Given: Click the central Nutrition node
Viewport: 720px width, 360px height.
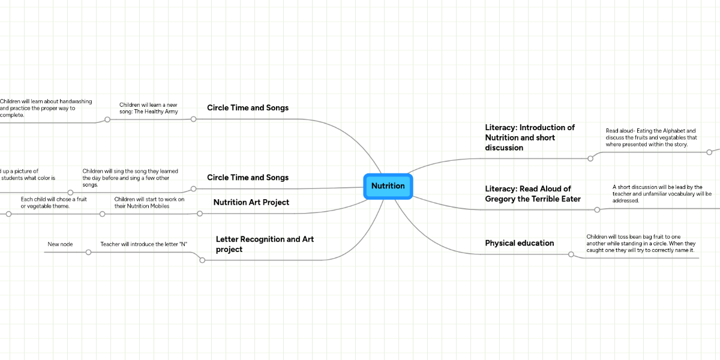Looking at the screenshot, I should coord(388,186).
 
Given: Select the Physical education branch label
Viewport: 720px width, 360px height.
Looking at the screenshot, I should coord(519,243).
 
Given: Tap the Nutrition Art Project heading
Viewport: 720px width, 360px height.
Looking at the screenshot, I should coord(251,202).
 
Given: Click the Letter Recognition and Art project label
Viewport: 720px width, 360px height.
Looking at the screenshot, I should coord(265,244).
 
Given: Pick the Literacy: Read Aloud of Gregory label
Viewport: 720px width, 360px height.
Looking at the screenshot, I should coord(532,194).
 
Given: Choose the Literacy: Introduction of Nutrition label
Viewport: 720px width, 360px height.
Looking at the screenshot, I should coord(530,137).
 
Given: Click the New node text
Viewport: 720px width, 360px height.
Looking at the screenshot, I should coord(60,244).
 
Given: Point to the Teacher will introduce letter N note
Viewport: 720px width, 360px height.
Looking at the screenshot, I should coord(144,244).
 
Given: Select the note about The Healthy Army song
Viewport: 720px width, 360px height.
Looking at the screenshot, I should coord(149,108).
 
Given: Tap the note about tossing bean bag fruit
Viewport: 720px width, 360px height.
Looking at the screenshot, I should coord(640,243).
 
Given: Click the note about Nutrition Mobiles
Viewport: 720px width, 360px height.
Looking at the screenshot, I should coord(149,202).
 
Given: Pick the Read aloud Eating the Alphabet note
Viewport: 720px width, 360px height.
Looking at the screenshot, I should coord(651,137).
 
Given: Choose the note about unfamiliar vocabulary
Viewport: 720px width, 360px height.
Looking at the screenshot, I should coord(662,194).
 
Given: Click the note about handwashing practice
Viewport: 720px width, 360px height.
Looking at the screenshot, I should coord(46,108).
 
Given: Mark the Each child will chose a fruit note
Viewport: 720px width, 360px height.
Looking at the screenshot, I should coord(53,202).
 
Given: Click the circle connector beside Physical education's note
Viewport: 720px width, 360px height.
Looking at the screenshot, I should coord(571,254).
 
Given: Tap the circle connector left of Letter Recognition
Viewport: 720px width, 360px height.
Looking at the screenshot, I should coord(202,260).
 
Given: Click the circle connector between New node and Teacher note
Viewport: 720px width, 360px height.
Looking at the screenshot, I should coord(88,252).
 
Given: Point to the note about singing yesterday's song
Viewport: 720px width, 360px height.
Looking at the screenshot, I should coord(130,178).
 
